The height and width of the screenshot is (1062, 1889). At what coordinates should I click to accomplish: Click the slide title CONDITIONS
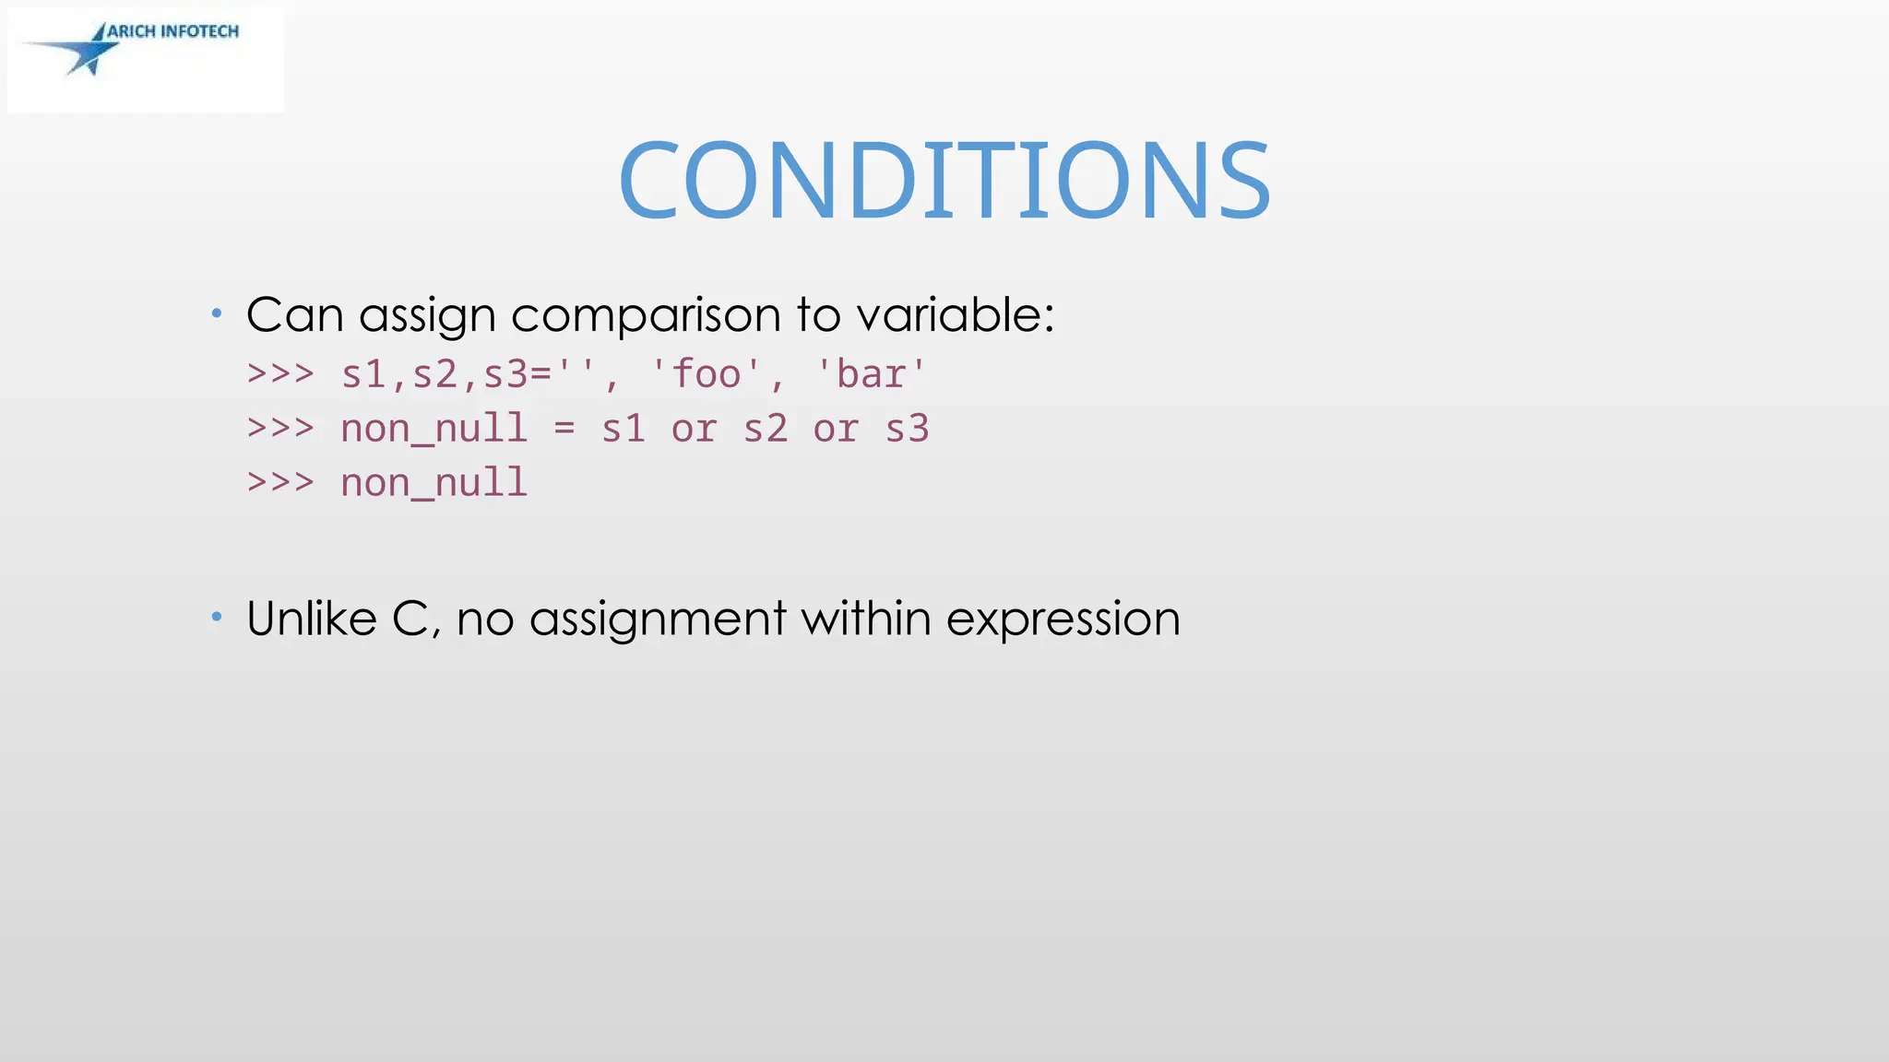coord(944,180)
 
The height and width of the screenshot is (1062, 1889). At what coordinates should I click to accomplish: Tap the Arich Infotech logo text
coord(172,31)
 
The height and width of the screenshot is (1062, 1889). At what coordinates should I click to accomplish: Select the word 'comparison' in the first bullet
coord(647,315)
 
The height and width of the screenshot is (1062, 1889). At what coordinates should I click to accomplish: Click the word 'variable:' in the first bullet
coord(955,315)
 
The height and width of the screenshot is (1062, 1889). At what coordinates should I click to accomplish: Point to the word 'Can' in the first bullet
coord(294,315)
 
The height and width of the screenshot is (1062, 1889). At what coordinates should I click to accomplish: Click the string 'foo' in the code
coord(707,375)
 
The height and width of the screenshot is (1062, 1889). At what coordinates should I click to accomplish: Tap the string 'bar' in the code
coord(871,375)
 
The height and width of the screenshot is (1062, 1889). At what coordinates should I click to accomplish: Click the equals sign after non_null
coord(564,429)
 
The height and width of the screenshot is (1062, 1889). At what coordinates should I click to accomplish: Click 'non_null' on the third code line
coord(434,483)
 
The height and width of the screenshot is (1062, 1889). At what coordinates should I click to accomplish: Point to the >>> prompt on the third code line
coord(280,482)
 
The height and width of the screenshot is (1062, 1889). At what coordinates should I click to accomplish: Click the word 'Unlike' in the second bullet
coord(312,619)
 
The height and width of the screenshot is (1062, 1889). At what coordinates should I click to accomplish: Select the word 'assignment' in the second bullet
coord(658,619)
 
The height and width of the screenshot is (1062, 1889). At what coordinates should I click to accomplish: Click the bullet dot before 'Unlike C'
coord(217,616)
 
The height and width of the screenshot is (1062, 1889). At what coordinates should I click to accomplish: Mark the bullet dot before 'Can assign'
coord(217,313)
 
